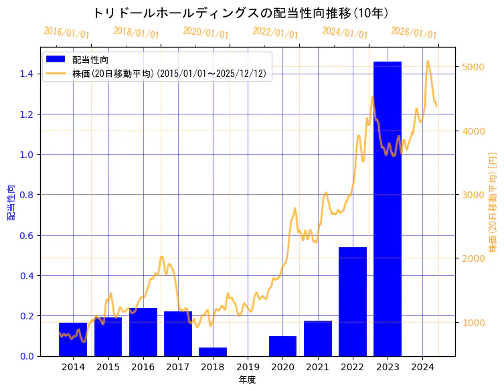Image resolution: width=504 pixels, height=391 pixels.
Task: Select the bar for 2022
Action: pyautogui.click(x=353, y=301)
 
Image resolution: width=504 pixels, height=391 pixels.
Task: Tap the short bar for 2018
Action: pyautogui.click(x=213, y=351)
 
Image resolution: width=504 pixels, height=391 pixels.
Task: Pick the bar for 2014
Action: pyautogui.click(x=73, y=339)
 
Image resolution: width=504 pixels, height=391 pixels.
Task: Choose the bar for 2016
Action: pyautogui.click(x=143, y=332)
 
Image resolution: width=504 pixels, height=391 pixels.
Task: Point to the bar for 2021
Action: pyautogui.click(x=318, y=338)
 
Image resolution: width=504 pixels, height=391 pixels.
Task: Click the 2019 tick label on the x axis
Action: pyautogui.click(x=248, y=367)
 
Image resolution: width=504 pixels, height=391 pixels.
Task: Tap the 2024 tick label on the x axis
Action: pyautogui.click(x=422, y=367)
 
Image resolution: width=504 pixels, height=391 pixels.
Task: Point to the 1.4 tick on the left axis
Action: pyautogui.click(x=26, y=74)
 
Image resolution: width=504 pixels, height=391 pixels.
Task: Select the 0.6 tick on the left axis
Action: pyautogui.click(x=26, y=235)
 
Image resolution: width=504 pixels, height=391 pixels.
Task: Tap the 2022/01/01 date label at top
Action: pyautogui.click(x=275, y=33)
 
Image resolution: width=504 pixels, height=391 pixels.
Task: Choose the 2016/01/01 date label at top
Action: pyautogui.click(x=66, y=33)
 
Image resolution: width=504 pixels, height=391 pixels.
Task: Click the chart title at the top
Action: pyautogui.click(x=241, y=13)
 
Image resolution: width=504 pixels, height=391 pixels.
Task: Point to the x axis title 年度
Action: pyautogui.click(x=248, y=380)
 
